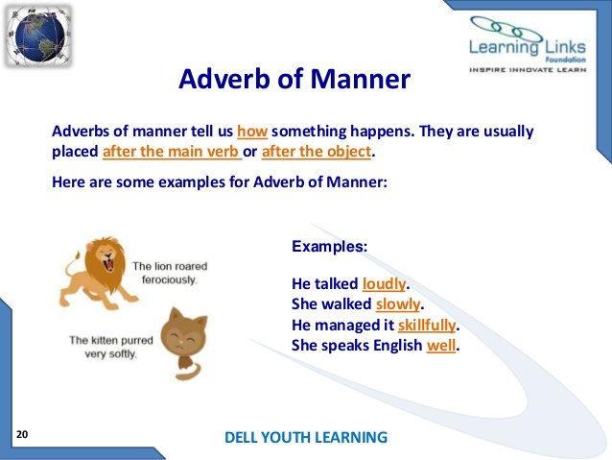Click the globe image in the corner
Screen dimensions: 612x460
(x=38, y=36)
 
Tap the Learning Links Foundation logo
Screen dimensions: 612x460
(x=528, y=44)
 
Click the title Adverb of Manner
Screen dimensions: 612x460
(x=294, y=79)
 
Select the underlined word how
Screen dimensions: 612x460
(x=252, y=132)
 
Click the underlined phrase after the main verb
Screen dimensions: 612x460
(x=171, y=151)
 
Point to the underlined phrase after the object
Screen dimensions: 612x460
(x=317, y=151)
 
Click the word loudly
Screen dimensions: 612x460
(x=384, y=283)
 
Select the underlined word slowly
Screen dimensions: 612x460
(x=398, y=304)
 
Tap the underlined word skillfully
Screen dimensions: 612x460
(x=427, y=325)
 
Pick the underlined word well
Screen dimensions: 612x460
(x=441, y=345)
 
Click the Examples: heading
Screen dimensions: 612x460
(x=329, y=246)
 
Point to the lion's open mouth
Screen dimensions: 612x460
(x=108, y=261)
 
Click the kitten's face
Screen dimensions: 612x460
(x=183, y=338)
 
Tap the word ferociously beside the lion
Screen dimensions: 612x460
(x=170, y=279)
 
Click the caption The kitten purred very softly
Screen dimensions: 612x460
(x=111, y=347)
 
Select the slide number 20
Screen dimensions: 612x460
(x=22, y=434)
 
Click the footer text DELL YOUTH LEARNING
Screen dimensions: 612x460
(x=306, y=437)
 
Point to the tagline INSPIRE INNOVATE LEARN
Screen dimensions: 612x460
(x=528, y=70)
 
